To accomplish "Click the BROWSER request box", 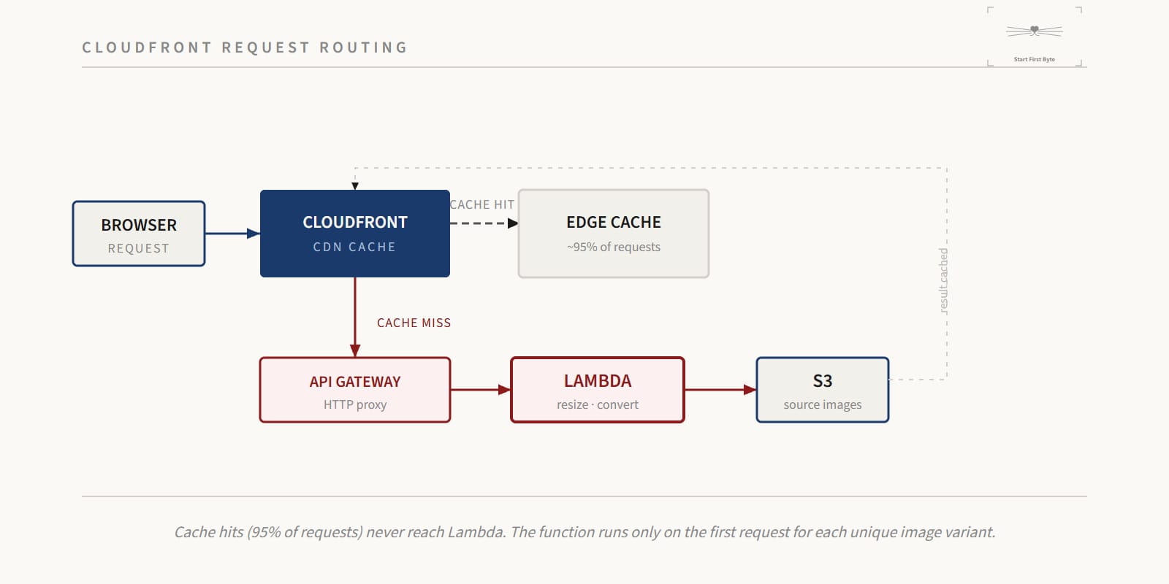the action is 139,234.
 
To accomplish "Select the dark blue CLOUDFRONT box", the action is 355,234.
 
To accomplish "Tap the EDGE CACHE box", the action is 614,234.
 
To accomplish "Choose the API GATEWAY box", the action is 355,390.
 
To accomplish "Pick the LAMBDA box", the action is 598,390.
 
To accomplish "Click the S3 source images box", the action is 823,390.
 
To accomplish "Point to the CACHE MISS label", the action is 414,323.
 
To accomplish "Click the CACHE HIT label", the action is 482,205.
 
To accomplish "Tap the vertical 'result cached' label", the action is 943,280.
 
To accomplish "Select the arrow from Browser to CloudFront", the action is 233,234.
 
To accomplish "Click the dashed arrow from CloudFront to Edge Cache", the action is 484,223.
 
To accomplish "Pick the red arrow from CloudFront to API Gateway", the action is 355,317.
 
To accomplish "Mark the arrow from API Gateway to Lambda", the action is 481,390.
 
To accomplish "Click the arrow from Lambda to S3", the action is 720,390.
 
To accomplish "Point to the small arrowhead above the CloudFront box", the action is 355,186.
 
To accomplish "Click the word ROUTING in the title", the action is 363,47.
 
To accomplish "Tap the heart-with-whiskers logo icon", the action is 1035,31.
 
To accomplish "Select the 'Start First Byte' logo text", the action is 1035,59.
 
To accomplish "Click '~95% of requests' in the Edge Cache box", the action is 614,247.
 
